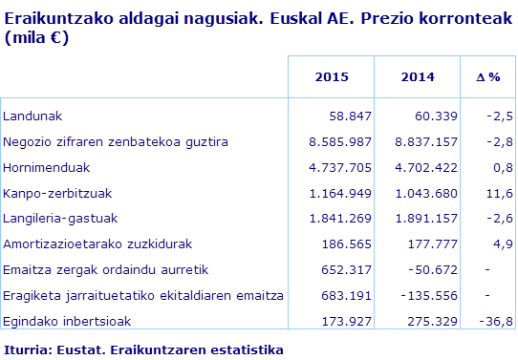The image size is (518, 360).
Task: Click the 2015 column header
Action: point(331,76)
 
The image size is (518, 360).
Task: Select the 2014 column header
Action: point(418,76)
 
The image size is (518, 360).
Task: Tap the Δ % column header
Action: point(488,76)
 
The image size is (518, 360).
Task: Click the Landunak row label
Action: point(32,116)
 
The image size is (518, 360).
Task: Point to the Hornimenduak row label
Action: point(47,167)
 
